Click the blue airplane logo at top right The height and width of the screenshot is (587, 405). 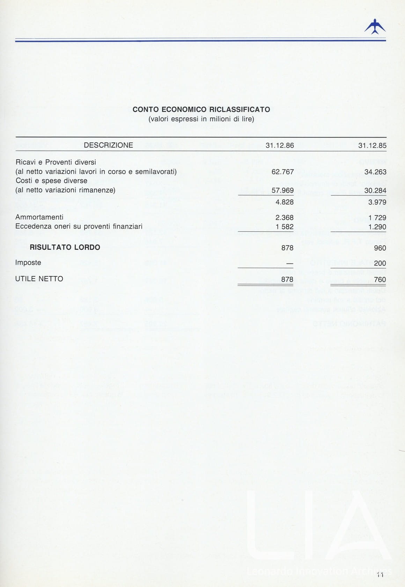[375, 27]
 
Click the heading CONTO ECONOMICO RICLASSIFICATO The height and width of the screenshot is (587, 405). [201, 109]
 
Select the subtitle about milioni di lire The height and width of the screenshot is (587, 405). [201, 119]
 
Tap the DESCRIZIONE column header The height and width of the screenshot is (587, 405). [108, 145]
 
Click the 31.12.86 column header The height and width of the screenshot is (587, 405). [280, 145]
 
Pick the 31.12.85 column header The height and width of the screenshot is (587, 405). [372, 145]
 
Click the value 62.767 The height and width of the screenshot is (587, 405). [282, 172]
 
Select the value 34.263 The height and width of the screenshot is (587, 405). [375, 172]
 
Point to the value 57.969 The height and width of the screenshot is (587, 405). [282, 190]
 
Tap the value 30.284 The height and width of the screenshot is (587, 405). [375, 190]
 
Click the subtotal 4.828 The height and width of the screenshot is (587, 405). [285, 202]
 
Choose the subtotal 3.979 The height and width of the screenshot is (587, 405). [377, 202]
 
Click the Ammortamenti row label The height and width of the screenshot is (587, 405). [39, 217]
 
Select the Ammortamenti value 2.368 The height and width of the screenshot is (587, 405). [285, 218]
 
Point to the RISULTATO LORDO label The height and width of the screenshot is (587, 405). [65, 247]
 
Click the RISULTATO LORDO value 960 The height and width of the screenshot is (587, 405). [380, 248]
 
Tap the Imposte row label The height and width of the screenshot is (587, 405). [28, 263]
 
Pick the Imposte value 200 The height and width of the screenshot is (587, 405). [380, 264]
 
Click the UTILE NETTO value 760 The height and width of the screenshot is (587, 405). [380, 280]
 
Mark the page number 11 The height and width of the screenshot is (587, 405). [380, 575]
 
